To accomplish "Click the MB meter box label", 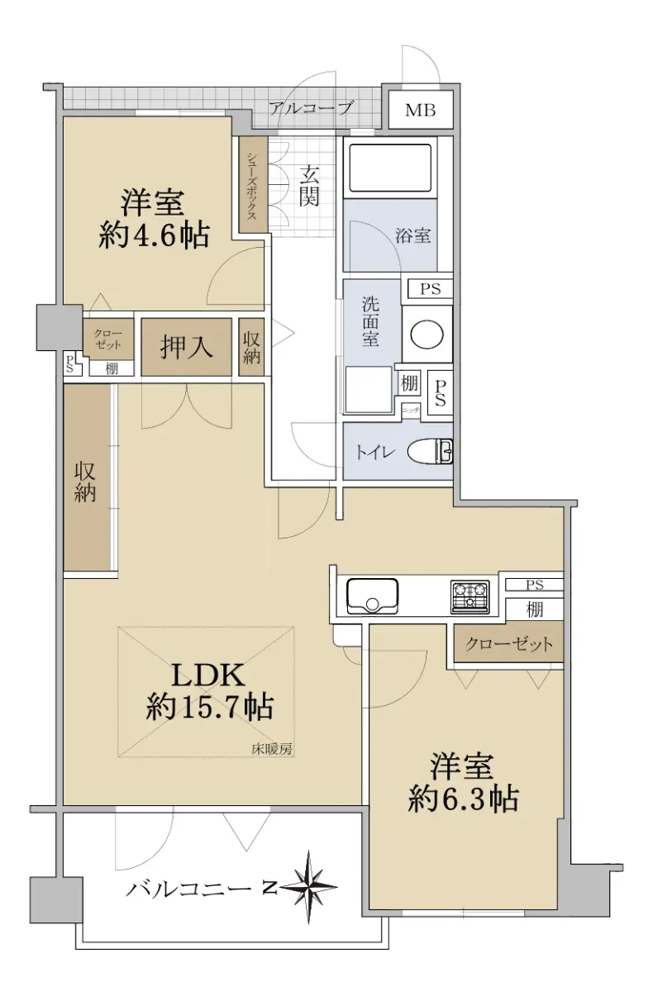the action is (420, 110).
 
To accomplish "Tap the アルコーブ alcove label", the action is (312, 107).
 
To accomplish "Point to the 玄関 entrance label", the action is (308, 186).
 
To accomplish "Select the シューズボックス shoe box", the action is (254, 184).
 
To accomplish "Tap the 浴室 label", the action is (412, 236).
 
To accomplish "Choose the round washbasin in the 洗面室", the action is (427, 334).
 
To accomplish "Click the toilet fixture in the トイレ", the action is (430, 451).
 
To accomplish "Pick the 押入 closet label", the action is (186, 347).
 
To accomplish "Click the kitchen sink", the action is (372, 595).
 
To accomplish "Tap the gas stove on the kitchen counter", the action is (470, 597).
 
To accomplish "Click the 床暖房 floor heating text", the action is (272, 749).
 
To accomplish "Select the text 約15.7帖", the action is (209, 708).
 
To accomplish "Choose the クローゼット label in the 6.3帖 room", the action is (508, 644).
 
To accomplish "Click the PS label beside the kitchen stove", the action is (534, 585).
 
